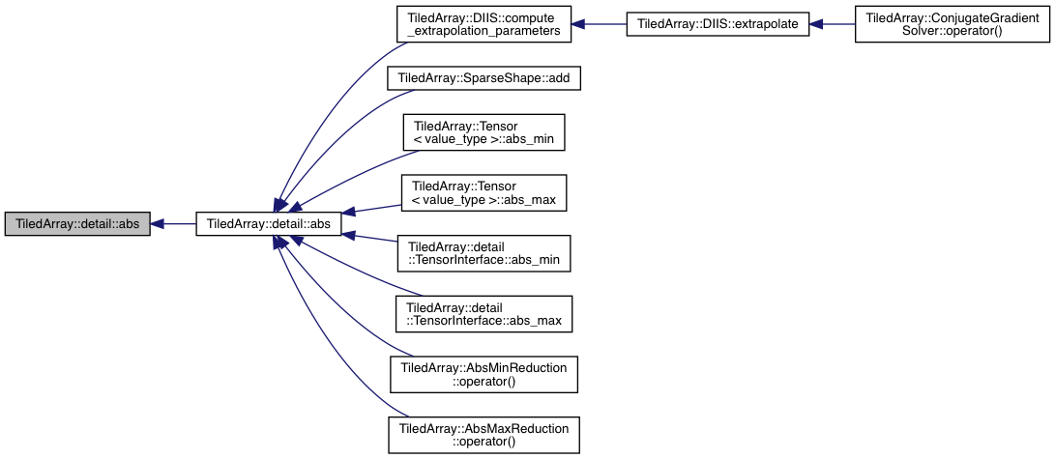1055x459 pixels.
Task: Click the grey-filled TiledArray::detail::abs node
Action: click(76, 223)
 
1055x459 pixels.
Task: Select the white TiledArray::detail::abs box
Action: click(268, 223)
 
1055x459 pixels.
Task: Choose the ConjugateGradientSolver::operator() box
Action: click(952, 24)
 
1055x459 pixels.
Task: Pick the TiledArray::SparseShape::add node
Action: click(483, 78)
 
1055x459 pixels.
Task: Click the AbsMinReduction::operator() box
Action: click(483, 374)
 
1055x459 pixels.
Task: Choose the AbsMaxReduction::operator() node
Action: click(483, 434)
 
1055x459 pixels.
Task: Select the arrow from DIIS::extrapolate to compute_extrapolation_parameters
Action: click(599, 24)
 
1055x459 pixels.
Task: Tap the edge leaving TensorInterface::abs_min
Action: click(372, 239)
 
